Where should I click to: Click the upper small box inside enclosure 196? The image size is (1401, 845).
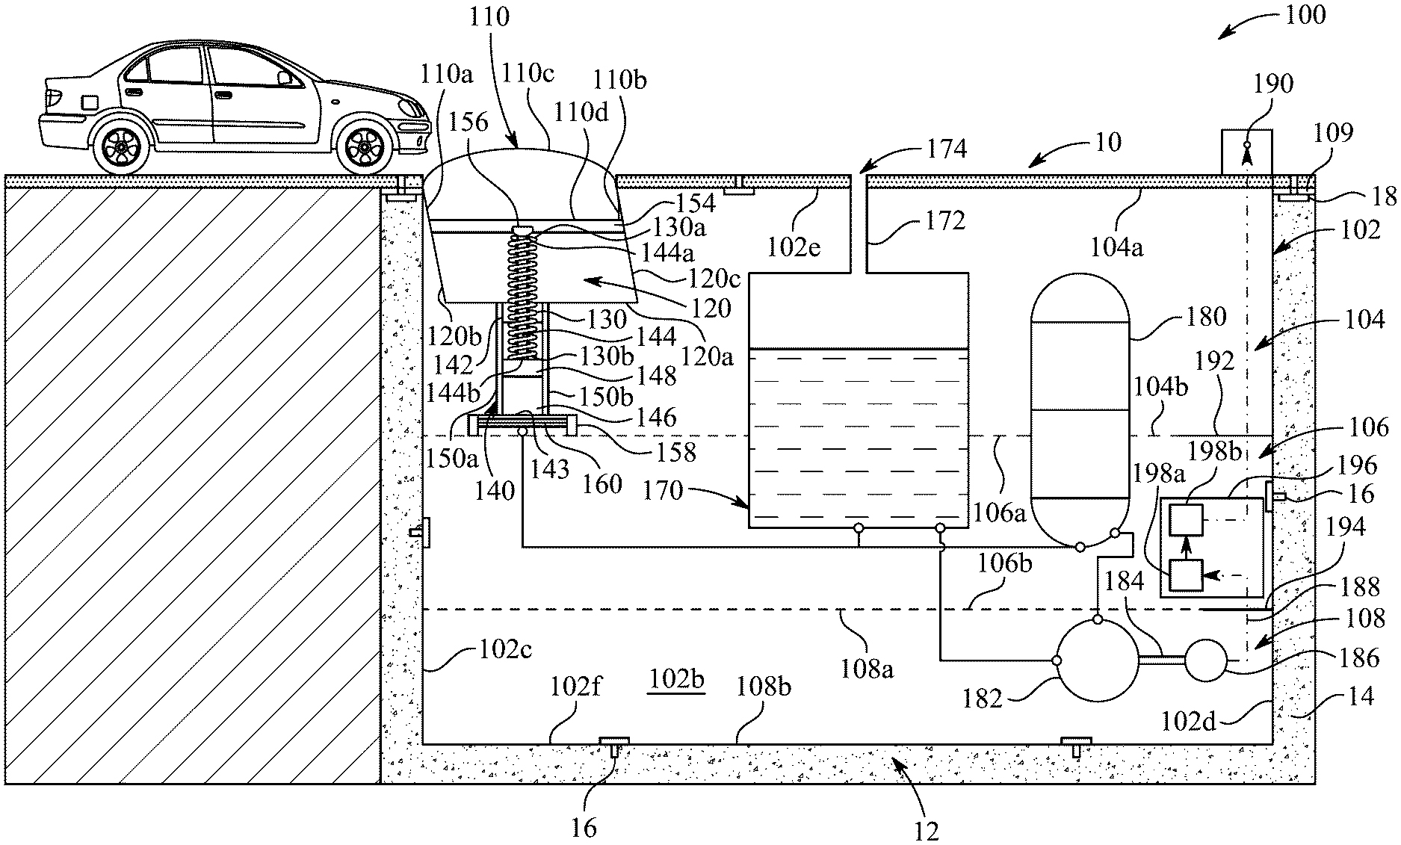pos(1186,521)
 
